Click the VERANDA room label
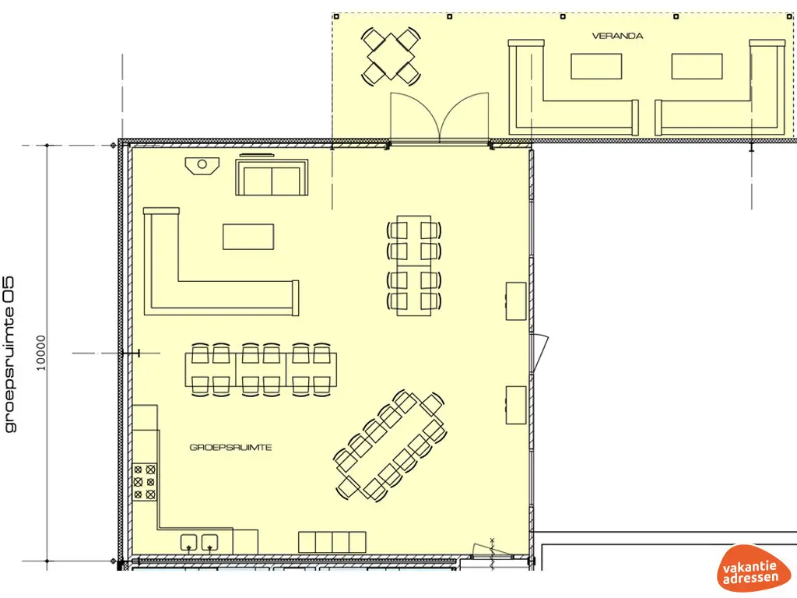617,36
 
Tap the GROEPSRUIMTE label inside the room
230,448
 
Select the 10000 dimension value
41,352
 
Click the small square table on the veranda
391,55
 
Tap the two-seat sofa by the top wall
272,178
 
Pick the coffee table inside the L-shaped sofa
248,236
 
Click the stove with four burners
145,481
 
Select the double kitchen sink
199,541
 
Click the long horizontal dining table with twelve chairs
262,369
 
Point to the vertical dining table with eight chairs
414,265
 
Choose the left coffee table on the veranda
596,66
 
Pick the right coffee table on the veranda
697,66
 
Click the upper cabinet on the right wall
515,301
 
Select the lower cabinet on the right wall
515,404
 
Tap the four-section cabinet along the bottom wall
333,542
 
